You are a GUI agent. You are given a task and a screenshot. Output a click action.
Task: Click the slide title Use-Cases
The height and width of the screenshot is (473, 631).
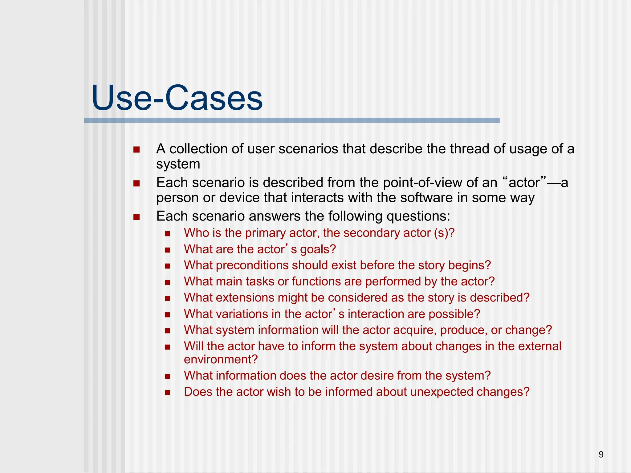(x=177, y=98)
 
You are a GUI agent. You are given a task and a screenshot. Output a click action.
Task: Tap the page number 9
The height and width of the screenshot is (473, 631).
(x=601, y=455)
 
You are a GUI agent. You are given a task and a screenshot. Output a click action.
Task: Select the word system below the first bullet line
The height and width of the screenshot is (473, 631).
(x=178, y=164)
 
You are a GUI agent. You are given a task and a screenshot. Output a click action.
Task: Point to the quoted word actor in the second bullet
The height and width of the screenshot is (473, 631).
(x=524, y=183)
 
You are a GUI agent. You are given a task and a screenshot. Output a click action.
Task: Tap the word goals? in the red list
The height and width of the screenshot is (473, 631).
(x=318, y=249)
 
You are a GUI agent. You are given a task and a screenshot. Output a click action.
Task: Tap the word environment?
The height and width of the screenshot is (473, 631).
(x=221, y=360)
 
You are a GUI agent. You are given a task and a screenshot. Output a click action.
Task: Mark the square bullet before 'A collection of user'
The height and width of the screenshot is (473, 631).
(x=136, y=150)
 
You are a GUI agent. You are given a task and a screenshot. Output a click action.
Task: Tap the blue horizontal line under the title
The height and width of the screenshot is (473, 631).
(x=291, y=120)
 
